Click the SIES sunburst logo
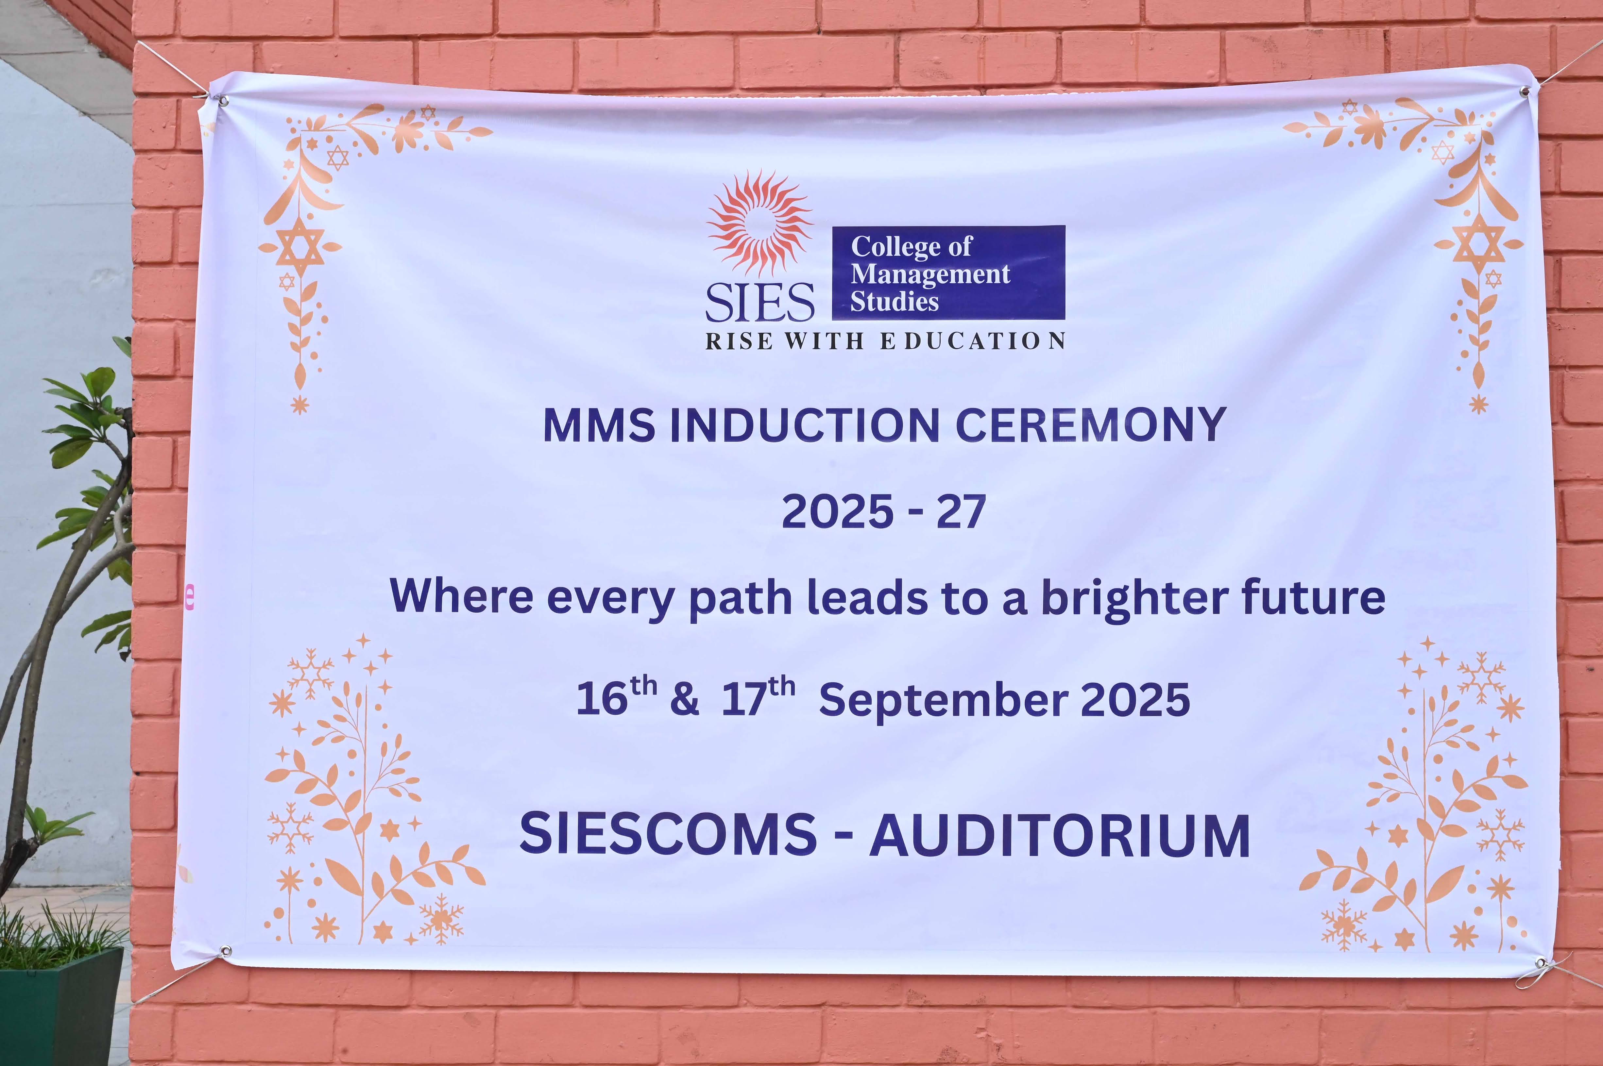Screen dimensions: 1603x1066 760,223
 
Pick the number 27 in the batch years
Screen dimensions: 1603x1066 961,512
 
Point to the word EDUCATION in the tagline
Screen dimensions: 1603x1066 973,341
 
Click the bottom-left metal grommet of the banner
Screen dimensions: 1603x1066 225,950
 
